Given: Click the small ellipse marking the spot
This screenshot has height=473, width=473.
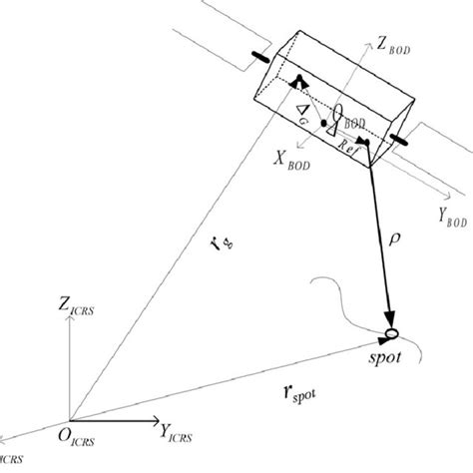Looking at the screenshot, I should click(x=391, y=332).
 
